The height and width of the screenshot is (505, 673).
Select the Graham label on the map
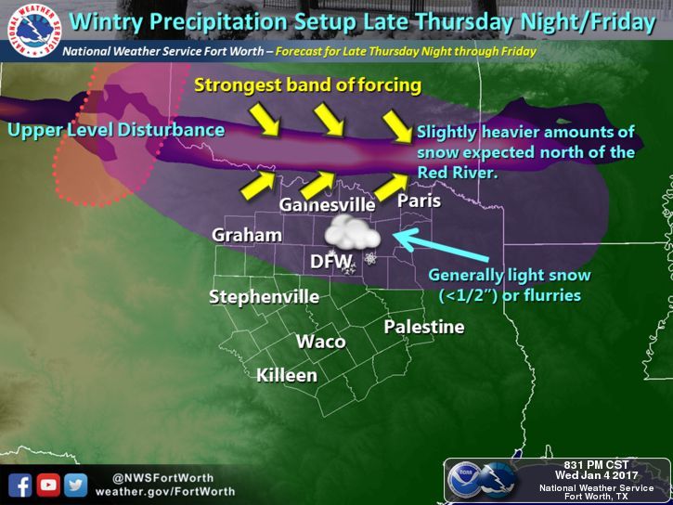tap(247, 235)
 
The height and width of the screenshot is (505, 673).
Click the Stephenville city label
tap(265, 297)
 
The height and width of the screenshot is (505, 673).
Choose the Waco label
tap(321, 342)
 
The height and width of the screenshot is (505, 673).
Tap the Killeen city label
tap(288, 375)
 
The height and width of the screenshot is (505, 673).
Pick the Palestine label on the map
tap(424, 326)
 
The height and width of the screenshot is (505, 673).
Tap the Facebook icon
tap(20, 485)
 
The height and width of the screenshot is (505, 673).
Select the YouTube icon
tap(48, 485)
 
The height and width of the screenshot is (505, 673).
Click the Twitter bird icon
tap(76, 485)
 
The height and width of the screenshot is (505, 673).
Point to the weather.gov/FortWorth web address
tap(164, 491)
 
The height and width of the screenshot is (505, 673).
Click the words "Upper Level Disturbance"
tap(116, 130)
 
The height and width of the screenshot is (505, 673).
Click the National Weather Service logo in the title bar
tap(33, 28)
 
